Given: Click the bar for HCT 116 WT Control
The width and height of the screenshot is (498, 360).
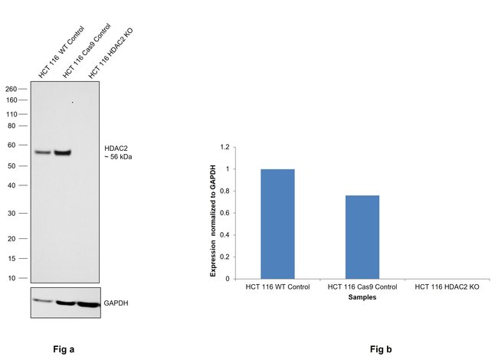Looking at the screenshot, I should coord(277,224).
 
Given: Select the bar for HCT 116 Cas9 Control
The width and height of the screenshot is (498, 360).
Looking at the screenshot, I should coord(362,237).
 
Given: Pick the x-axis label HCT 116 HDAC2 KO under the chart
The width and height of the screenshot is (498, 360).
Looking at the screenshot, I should coord(447,286).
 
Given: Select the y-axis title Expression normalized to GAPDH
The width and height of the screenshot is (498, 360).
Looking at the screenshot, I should coord(212,212).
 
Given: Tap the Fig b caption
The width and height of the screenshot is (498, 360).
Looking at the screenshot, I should coord(380,349).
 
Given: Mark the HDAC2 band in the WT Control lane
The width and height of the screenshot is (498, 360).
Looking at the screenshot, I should coord(42,152).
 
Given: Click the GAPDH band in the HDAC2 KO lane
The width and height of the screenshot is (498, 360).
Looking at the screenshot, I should coord(88,304).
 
